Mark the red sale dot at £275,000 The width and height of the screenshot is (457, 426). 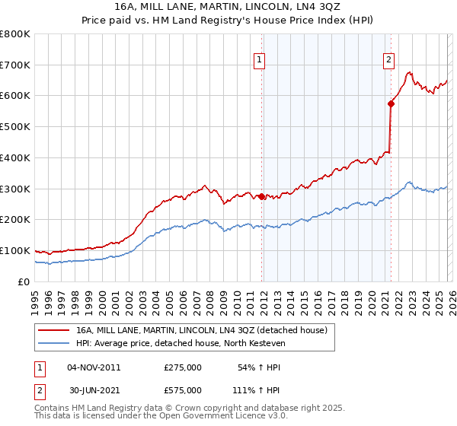tap(261, 196)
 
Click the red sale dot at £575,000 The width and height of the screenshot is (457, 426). tap(391, 103)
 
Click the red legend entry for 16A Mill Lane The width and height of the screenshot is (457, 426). tap(201, 330)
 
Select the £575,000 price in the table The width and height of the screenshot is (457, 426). tap(183, 390)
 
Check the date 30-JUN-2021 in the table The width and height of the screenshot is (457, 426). tap(94, 390)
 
